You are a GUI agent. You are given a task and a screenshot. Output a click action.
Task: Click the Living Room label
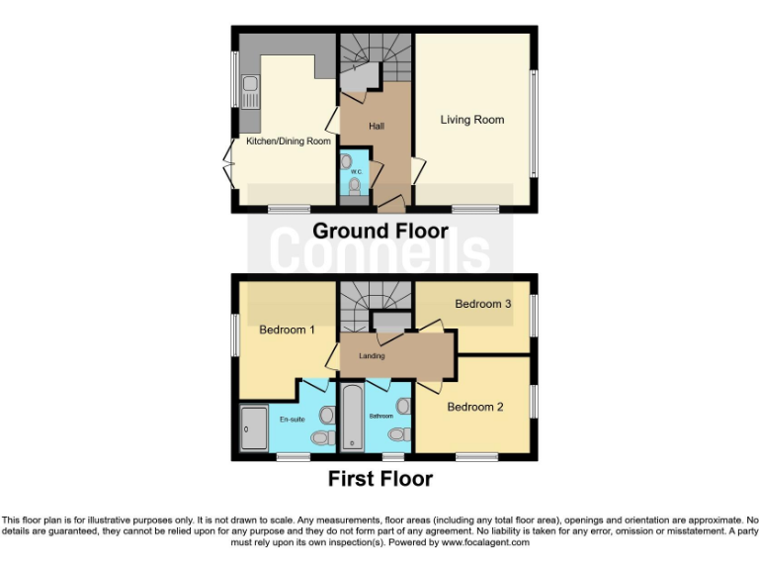[472, 120]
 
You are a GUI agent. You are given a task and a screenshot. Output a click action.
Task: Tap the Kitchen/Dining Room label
[288, 142]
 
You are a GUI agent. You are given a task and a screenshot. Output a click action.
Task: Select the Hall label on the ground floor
[377, 126]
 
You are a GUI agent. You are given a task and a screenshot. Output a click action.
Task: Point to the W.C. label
[356, 171]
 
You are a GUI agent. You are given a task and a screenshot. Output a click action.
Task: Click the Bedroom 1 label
[287, 330]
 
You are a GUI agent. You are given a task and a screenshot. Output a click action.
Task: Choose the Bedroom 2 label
[476, 407]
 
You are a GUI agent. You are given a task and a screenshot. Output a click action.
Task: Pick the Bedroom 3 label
[483, 305]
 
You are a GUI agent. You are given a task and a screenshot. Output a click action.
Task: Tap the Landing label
[372, 356]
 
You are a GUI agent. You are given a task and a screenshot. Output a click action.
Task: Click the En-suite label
[291, 420]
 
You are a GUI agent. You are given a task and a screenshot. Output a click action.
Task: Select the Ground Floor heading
[380, 232]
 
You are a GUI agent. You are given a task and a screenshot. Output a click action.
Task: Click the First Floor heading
[380, 480]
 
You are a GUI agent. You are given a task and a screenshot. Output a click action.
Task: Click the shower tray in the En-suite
[253, 428]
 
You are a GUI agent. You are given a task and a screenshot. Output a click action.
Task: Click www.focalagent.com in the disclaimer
[485, 542]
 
